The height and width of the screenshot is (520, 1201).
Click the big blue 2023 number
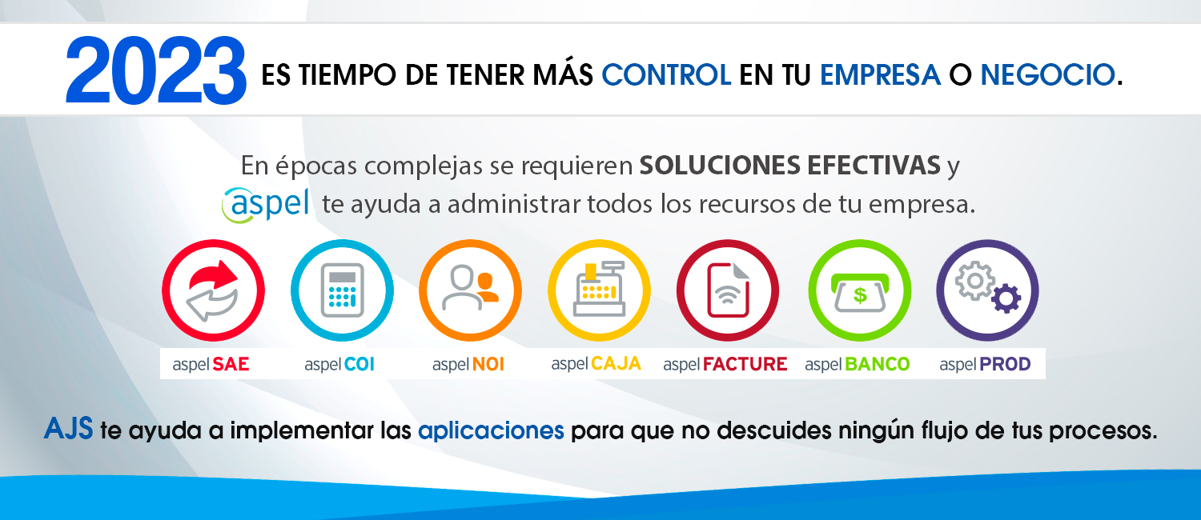point(156,70)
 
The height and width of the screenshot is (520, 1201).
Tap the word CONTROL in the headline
point(666,74)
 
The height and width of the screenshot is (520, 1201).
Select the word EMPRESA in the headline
point(880,74)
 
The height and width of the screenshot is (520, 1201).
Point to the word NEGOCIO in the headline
point(1048,74)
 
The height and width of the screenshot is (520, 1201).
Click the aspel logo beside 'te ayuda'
point(266,205)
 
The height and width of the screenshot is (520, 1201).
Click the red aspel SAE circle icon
point(214,290)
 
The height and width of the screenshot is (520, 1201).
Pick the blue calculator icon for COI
point(342,290)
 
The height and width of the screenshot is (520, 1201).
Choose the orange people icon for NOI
point(470,290)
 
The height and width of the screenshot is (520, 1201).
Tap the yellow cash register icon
point(599,290)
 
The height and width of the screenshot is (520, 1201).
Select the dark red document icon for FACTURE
point(728,290)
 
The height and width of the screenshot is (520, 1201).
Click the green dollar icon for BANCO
point(859,290)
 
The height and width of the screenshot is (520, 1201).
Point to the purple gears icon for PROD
point(987,290)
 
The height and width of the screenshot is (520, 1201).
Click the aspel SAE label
point(211,364)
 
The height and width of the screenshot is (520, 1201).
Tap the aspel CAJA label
point(596,364)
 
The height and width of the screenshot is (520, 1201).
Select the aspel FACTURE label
point(725,364)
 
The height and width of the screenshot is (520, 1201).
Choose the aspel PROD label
point(985,364)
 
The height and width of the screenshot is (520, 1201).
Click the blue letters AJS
point(69,429)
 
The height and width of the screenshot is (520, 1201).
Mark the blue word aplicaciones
point(491,430)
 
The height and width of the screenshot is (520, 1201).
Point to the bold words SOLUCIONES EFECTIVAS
point(789,165)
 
